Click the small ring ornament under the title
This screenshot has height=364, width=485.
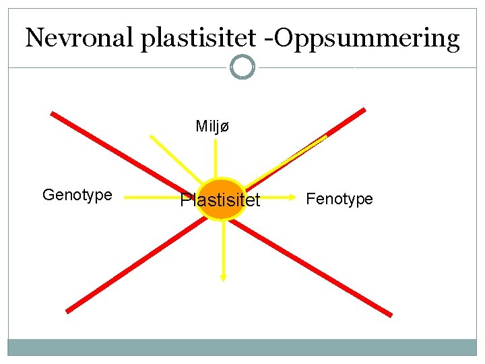pyautogui.click(x=243, y=67)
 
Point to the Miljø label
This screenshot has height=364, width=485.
pyautogui.click(x=212, y=126)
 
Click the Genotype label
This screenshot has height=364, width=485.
pyautogui.click(x=77, y=195)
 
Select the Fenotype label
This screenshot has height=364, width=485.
pyautogui.click(x=339, y=199)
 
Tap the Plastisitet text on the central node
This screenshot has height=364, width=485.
pyautogui.click(x=220, y=200)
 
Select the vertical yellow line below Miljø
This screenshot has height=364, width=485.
pyautogui.click(x=215, y=158)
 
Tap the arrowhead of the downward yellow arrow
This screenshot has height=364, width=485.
pyautogui.click(x=223, y=276)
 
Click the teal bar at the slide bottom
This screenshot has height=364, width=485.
pyautogui.click(x=243, y=347)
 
